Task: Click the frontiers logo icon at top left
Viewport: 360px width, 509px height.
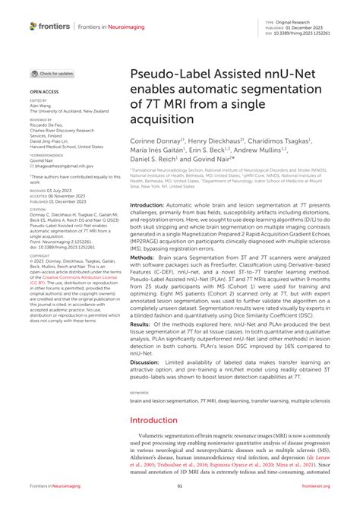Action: coord(33,26)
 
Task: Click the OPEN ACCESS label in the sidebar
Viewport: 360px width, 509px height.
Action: coord(45,90)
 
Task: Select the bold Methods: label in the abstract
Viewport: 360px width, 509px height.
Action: coord(144,257)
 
